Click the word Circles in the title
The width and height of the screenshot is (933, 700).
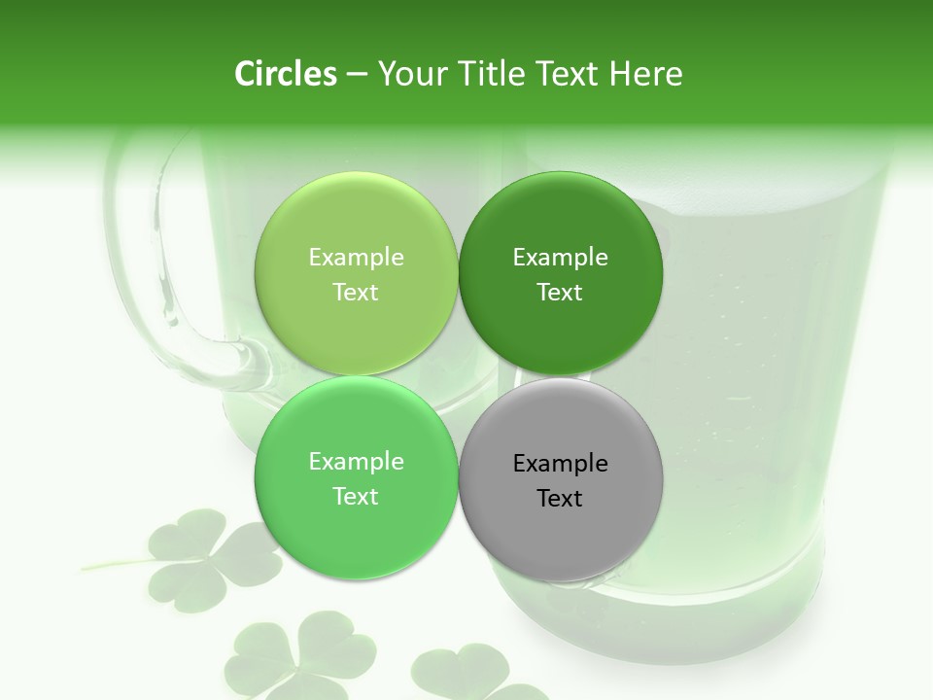pyautogui.click(x=286, y=74)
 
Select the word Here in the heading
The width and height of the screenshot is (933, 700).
pyautogui.click(x=645, y=74)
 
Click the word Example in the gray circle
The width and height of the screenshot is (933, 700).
pyautogui.click(x=560, y=464)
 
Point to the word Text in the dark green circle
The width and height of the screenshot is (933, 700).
pyautogui.click(x=560, y=293)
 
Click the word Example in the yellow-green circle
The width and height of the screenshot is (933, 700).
pyautogui.click(x=356, y=258)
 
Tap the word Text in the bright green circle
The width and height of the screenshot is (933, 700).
pyautogui.click(x=356, y=497)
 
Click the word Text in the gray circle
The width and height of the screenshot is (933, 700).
pyautogui.click(x=560, y=499)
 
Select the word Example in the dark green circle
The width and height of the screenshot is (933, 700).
pyautogui.click(x=560, y=258)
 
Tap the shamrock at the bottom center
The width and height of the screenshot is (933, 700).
pyautogui.click(x=301, y=653)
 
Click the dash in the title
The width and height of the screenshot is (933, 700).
pyautogui.click(x=356, y=74)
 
